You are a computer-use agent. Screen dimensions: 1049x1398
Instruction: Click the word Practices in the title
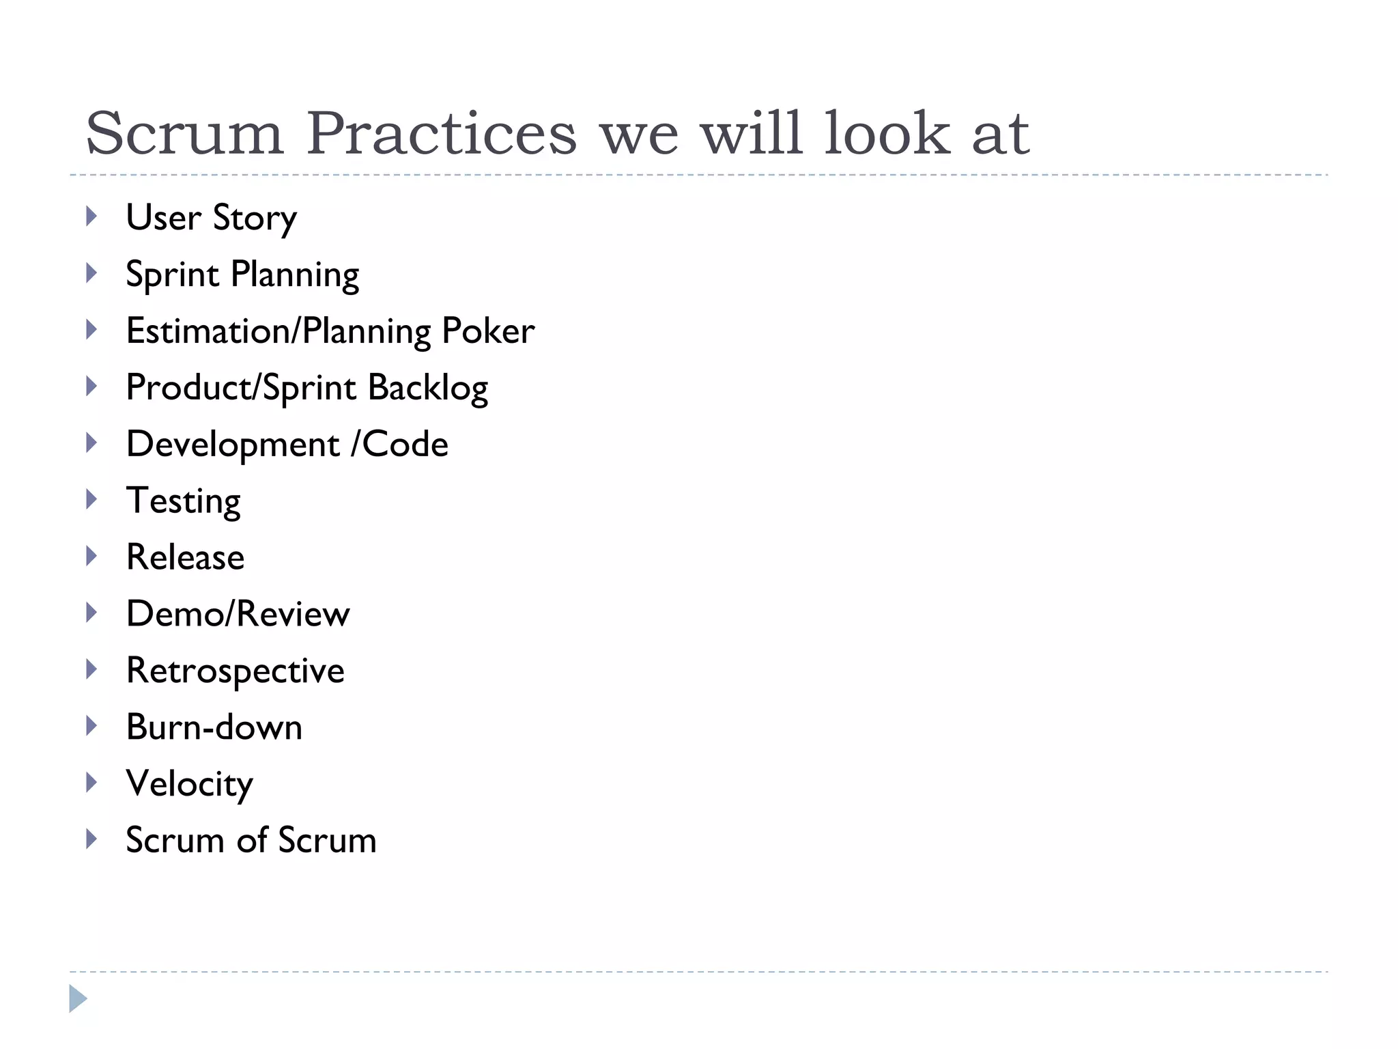tap(441, 133)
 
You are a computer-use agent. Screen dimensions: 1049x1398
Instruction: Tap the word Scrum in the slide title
tap(184, 133)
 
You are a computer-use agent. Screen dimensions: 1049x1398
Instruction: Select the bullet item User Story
tap(212, 218)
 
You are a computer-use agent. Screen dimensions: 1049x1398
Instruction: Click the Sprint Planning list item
tap(242, 275)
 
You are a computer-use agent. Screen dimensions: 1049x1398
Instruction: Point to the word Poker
tap(488, 331)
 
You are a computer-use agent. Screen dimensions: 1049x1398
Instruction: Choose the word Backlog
tap(428, 388)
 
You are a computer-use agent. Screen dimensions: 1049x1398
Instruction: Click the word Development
tap(233, 445)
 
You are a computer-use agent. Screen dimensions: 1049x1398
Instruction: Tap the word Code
tap(405, 445)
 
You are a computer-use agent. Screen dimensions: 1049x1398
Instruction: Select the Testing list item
tap(184, 501)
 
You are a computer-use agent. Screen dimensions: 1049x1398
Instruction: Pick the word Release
tap(186, 557)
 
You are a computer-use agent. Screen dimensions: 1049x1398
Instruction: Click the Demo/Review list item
tap(238, 614)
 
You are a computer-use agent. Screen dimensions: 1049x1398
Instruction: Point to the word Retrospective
tap(236, 671)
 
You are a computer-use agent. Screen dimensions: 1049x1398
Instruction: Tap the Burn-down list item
tap(214, 727)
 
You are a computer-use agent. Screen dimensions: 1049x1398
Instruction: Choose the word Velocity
tap(190, 784)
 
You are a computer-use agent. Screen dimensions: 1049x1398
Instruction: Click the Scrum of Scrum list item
tap(251, 840)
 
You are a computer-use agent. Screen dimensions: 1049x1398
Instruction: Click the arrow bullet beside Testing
tap(91, 500)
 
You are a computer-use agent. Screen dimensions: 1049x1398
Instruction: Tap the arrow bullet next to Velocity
tap(91, 782)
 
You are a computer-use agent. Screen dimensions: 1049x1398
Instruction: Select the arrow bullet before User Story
tap(91, 217)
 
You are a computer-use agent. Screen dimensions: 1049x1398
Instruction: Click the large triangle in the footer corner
tap(78, 999)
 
